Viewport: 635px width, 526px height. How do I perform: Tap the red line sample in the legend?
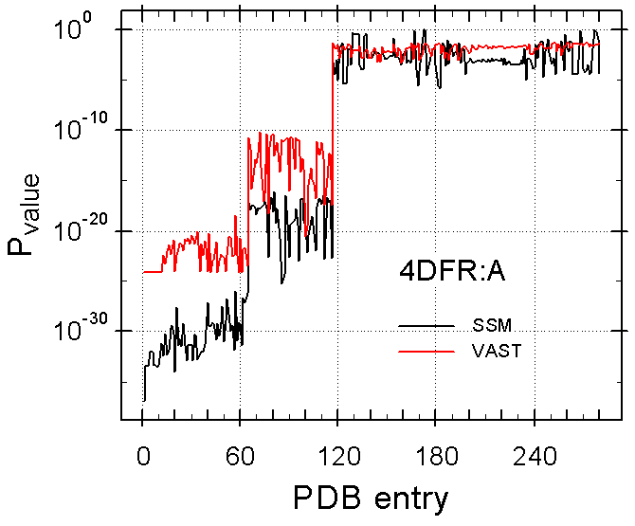(426, 351)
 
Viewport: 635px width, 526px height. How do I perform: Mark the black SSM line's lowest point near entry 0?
(144, 401)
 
